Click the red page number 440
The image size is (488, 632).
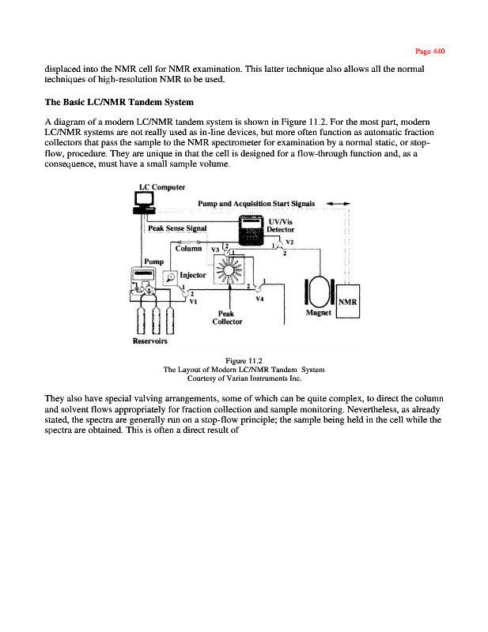click(x=431, y=51)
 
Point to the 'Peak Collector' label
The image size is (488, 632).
click(x=229, y=318)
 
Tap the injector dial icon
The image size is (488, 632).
click(x=170, y=277)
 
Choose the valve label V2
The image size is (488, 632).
click(x=289, y=241)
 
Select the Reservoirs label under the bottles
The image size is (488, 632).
click(x=149, y=342)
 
